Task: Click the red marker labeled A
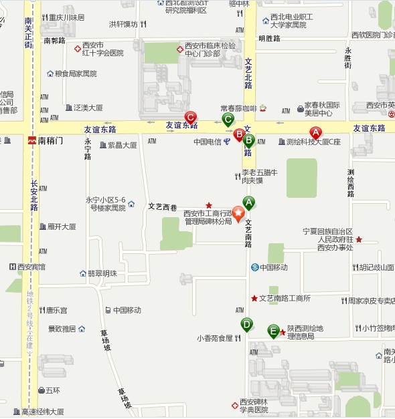tap(315, 132)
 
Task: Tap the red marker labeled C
tap(190, 116)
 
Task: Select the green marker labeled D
tap(247, 324)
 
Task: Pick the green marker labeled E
tap(273, 330)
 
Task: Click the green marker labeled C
tap(228, 120)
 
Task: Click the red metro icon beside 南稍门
tap(31, 141)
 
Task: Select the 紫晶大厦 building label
tap(123, 145)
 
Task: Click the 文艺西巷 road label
tap(162, 206)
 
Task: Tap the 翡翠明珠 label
tap(102, 273)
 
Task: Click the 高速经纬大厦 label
tap(42, 412)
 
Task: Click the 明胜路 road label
tap(269, 39)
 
